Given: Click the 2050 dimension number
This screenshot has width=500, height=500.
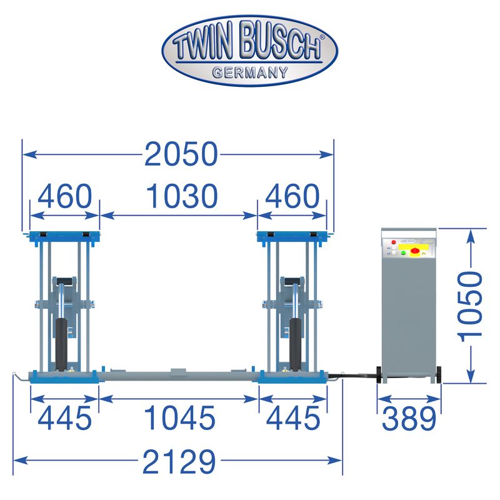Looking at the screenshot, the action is (181, 154).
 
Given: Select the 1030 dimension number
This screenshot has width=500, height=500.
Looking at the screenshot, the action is (182, 196).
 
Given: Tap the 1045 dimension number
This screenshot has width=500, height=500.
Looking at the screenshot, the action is (180, 418).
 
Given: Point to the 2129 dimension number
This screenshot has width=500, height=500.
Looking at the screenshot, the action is (179, 461).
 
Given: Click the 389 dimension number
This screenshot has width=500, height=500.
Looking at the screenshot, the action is (409, 418).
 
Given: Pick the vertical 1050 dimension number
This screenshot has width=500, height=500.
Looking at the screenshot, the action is (470, 306).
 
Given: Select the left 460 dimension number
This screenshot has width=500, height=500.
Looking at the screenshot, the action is (65, 196).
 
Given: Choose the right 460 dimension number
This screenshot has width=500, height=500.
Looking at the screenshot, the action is (292, 196).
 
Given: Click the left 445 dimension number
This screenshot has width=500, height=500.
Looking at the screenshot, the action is (65, 418).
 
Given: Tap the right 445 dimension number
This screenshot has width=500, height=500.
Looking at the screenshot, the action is (293, 418).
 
